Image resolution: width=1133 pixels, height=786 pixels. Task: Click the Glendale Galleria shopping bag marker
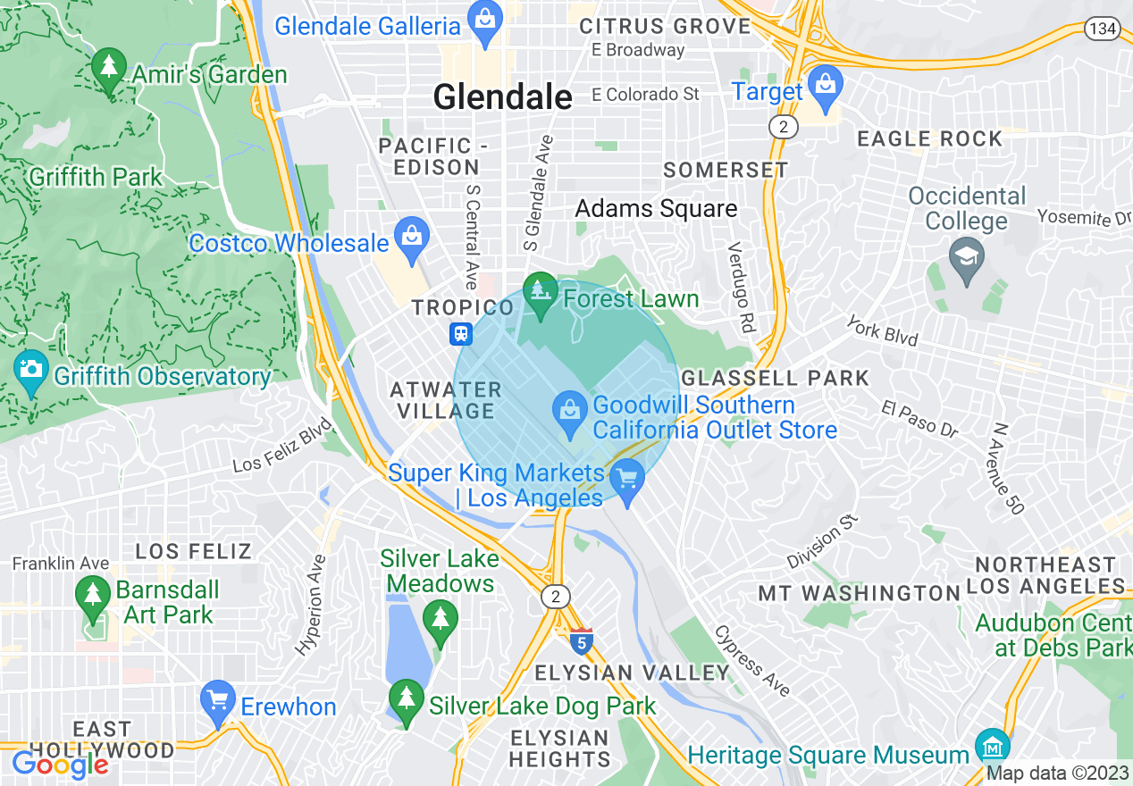485,26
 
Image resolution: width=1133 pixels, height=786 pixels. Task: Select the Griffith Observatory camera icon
31,370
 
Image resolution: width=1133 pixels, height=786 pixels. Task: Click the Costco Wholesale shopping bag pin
412,238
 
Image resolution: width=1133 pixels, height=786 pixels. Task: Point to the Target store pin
826,87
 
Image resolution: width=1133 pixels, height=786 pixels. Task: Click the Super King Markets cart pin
627,480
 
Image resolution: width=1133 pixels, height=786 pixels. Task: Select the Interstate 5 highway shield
581,641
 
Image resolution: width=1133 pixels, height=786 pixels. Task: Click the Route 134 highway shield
1103,29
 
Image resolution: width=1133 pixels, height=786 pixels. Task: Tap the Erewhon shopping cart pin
218,702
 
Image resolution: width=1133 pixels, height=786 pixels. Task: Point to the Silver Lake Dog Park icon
407,699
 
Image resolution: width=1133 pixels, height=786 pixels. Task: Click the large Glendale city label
502,97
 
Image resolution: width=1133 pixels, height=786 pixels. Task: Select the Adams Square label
656,209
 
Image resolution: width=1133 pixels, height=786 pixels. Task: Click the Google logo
60,765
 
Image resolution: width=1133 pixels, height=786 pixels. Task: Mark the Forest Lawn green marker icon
540,293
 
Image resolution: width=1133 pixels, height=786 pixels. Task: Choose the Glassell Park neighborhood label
774,378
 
